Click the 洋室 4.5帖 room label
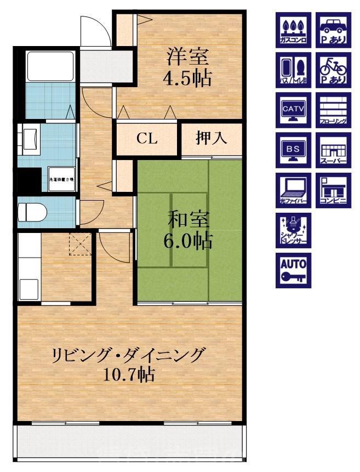point(187,67)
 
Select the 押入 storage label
point(211,139)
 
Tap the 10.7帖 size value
point(129,375)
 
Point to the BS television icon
point(293,150)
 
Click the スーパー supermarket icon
point(334,150)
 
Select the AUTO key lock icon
point(293,270)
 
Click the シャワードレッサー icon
point(293,230)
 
